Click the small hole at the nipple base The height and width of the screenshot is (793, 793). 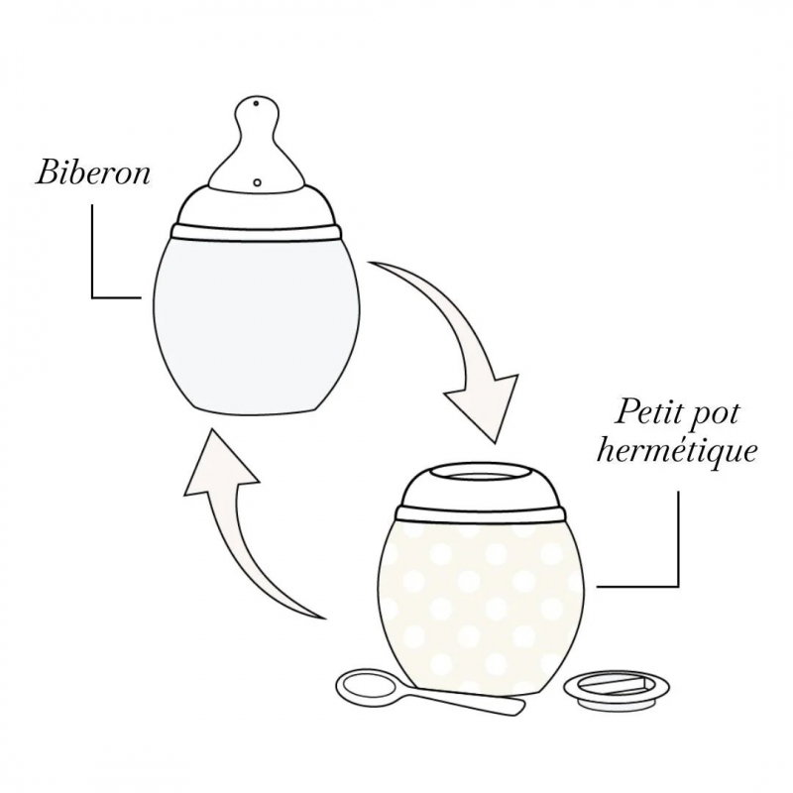[x=257, y=182]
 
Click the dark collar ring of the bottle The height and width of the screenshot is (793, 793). [x=257, y=234]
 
